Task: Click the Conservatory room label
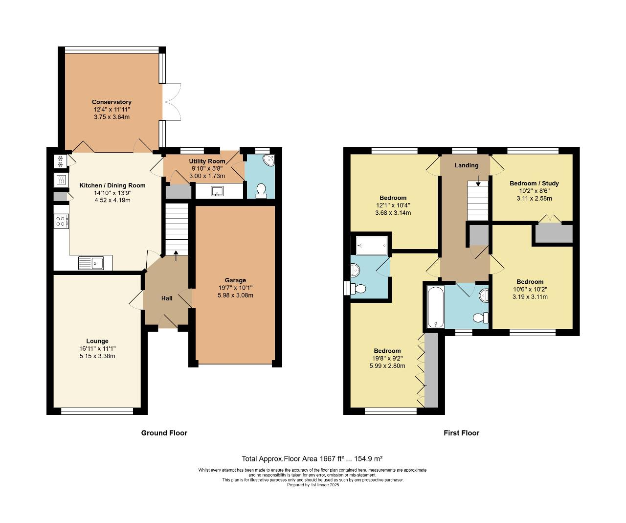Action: point(112,102)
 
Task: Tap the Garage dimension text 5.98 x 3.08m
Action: point(235,295)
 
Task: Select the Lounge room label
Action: point(97,341)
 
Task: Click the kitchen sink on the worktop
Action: point(91,263)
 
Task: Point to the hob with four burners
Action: point(61,221)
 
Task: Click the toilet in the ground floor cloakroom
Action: point(261,190)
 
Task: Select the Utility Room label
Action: point(207,161)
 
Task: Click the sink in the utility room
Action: point(217,191)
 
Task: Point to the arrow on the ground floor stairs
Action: point(176,255)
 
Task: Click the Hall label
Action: point(167,298)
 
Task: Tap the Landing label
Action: point(466,165)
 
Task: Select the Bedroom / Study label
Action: point(534,183)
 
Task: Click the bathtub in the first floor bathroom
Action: point(435,307)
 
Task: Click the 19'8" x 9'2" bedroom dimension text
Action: point(387,358)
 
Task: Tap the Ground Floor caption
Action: point(164,433)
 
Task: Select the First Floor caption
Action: point(461,433)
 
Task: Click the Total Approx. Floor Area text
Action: point(312,459)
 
